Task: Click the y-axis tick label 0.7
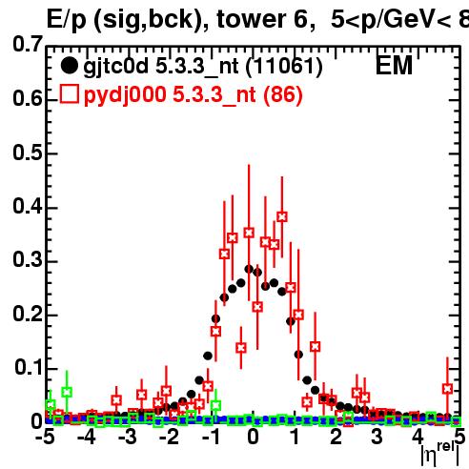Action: click(x=28, y=44)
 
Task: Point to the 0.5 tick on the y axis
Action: click(x=28, y=153)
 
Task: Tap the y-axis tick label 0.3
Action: click(x=28, y=259)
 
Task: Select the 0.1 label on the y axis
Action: click(x=29, y=367)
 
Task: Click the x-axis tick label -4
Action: click(x=87, y=438)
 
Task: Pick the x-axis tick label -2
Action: click(x=170, y=438)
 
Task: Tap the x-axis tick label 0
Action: click(x=253, y=438)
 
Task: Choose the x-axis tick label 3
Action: click(x=377, y=438)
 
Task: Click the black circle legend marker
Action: click(x=69, y=66)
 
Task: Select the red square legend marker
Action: click(x=69, y=94)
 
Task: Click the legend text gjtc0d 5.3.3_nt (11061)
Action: click(x=203, y=67)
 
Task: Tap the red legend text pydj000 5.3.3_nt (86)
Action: click(x=194, y=95)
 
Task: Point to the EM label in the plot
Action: click(x=394, y=66)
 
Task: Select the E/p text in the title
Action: click(x=67, y=20)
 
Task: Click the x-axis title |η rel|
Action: click(x=440, y=454)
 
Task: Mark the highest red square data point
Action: click(x=282, y=216)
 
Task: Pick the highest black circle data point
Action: click(x=249, y=269)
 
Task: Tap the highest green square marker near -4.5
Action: click(x=67, y=392)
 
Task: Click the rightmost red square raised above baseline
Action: click(x=447, y=388)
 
